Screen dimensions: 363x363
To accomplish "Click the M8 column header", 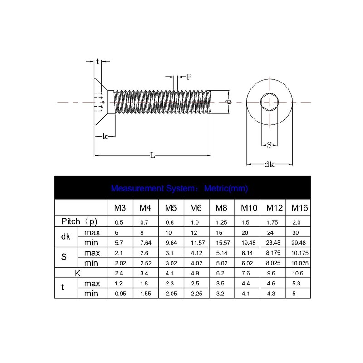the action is pyautogui.click(x=221, y=208).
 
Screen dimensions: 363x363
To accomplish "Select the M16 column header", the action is pyautogui.click(x=299, y=208).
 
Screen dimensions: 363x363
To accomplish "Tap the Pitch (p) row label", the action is pyautogui.click(x=79, y=221).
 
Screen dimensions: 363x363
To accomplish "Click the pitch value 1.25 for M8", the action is pyautogui.click(x=221, y=222).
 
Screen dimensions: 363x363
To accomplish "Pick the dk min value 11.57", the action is pyautogui.click(x=198, y=243).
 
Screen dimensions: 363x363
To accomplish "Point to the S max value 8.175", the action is pyautogui.click(x=273, y=253).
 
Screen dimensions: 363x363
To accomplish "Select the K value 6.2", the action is pyautogui.click(x=220, y=273).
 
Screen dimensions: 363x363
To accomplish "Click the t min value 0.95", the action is pyautogui.click(x=120, y=294).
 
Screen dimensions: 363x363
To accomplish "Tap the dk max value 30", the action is pyautogui.click(x=295, y=232).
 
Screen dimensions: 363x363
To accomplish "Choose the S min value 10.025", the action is pyautogui.click(x=300, y=263).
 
